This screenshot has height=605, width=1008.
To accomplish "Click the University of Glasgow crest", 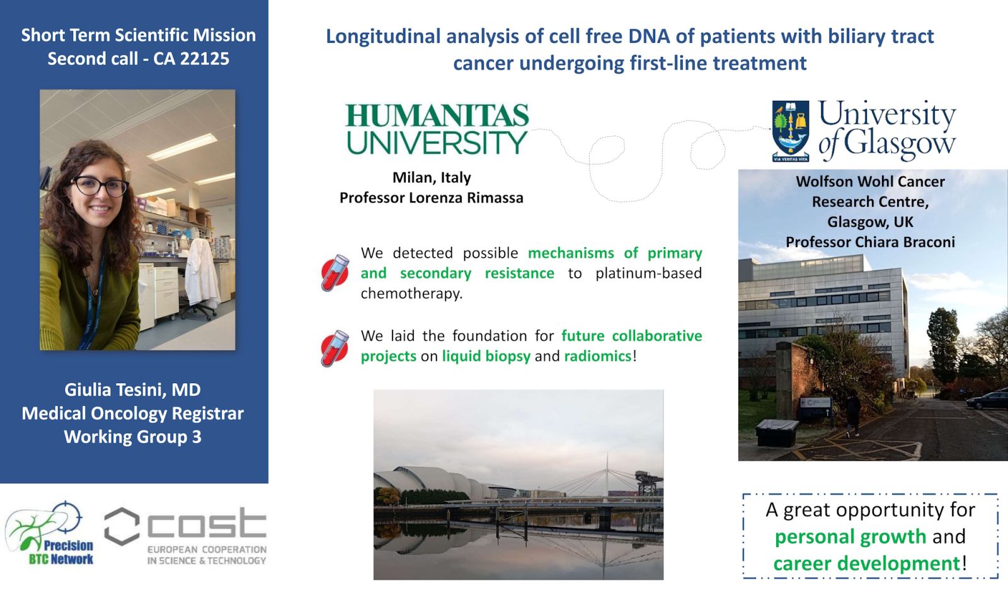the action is click(x=791, y=131).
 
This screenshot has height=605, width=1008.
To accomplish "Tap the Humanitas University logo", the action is click(x=437, y=129).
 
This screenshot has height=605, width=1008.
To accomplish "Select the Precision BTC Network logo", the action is click(x=50, y=534).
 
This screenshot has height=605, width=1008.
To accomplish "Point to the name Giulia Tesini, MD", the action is click(x=132, y=390).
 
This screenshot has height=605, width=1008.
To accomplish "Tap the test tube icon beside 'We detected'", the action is click(x=335, y=273).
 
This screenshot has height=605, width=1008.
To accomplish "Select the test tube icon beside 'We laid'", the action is click(x=335, y=349).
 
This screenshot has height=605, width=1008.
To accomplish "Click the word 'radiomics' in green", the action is click(x=598, y=356).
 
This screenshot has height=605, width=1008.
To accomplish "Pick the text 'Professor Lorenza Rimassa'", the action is click(x=432, y=198).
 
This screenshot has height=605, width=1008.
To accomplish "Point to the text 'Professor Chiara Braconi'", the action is click(x=870, y=242).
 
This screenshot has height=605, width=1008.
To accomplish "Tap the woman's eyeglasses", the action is click(x=100, y=186).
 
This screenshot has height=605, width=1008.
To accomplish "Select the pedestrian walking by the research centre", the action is click(x=852, y=413).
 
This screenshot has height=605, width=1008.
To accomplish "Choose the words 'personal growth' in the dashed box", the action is click(x=850, y=536).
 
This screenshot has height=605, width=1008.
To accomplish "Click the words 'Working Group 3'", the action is click(x=132, y=437).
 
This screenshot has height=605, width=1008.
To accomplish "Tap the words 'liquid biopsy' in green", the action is click(x=486, y=356).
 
